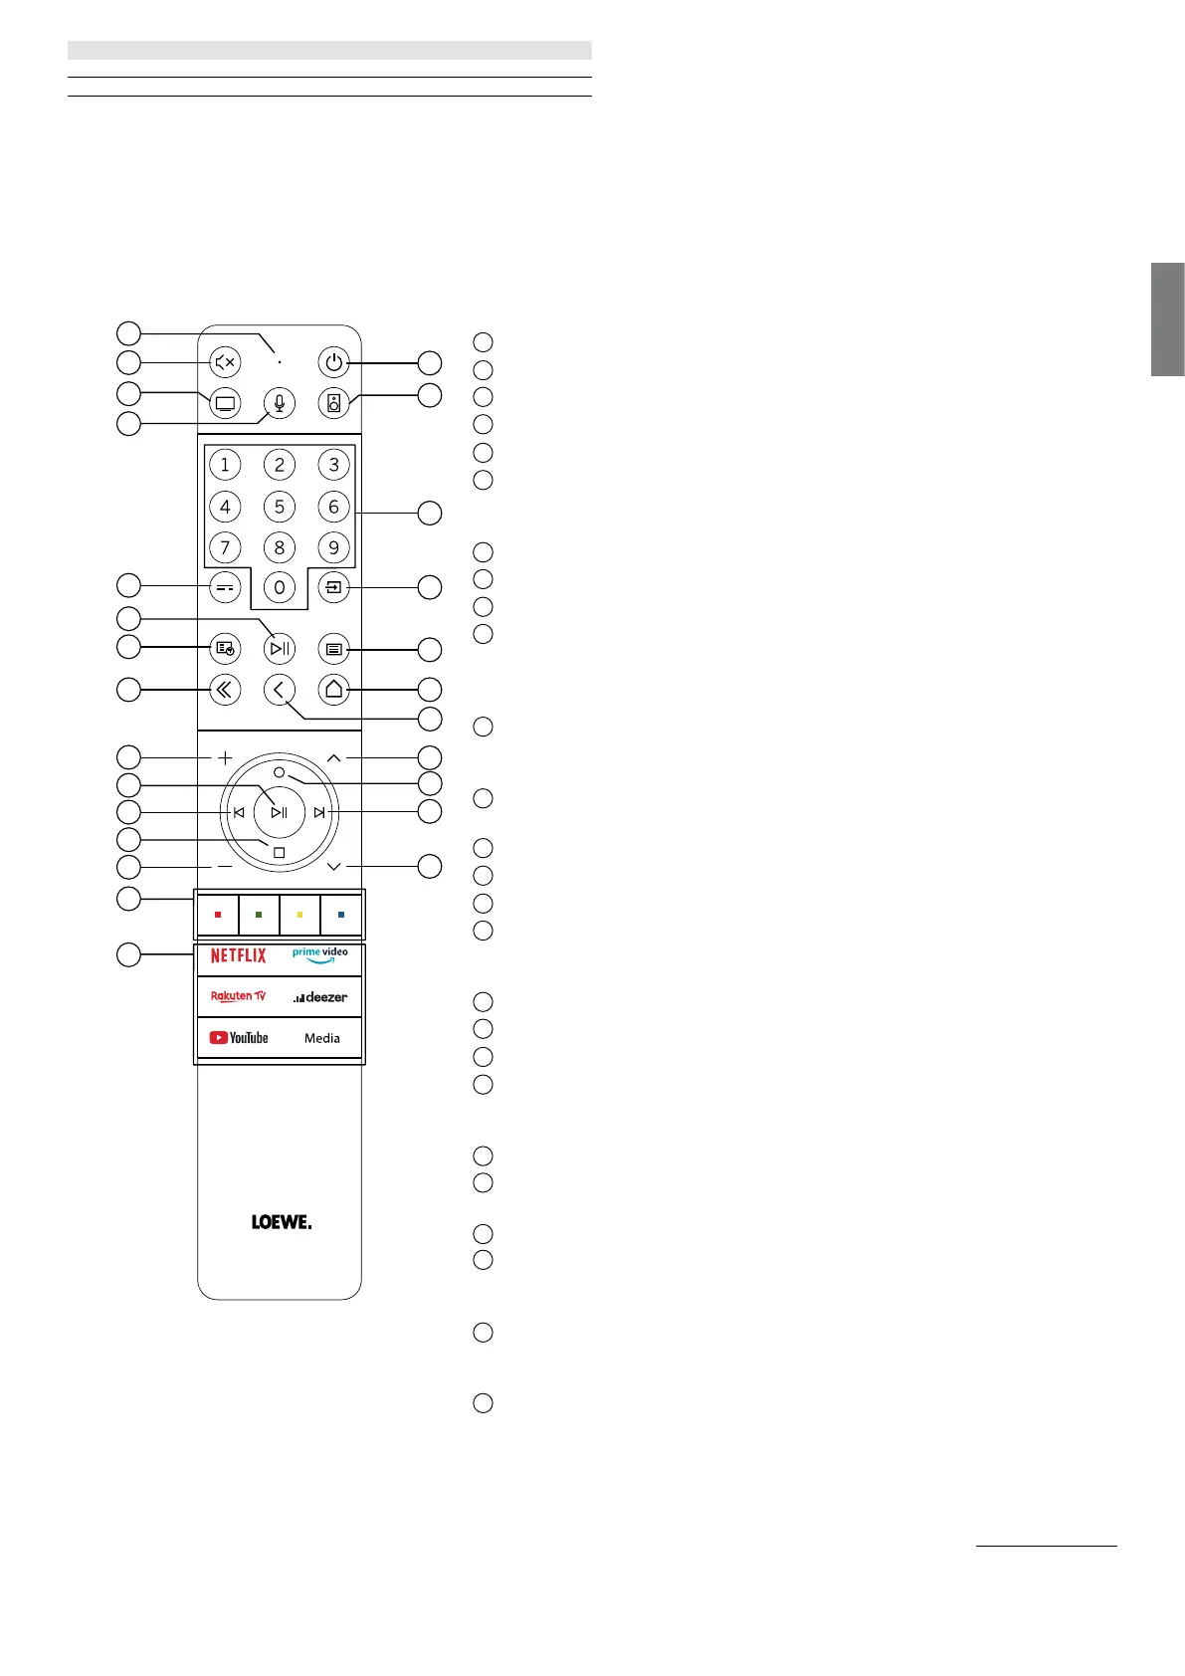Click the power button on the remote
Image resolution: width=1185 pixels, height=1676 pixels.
click(333, 362)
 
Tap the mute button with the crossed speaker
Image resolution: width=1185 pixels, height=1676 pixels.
click(226, 362)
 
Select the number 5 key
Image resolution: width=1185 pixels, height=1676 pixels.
click(280, 507)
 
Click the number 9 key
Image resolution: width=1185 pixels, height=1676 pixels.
click(333, 547)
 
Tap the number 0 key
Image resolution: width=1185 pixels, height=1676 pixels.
click(280, 588)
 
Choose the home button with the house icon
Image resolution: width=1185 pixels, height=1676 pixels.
click(333, 689)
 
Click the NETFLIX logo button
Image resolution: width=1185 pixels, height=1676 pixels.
click(239, 955)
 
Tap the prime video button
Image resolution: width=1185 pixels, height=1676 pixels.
click(320, 955)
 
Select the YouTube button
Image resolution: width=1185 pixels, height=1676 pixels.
click(239, 1038)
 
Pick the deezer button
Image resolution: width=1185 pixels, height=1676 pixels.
click(320, 997)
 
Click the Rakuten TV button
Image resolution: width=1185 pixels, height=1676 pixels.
click(239, 996)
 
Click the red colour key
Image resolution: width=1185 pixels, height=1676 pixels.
click(218, 915)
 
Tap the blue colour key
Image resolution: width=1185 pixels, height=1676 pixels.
click(341, 915)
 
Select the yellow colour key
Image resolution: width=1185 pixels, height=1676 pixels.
click(300, 915)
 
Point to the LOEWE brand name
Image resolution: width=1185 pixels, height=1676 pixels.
click(281, 1222)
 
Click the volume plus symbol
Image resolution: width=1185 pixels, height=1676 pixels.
click(225, 758)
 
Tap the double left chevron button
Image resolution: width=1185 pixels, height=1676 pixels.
click(226, 689)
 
